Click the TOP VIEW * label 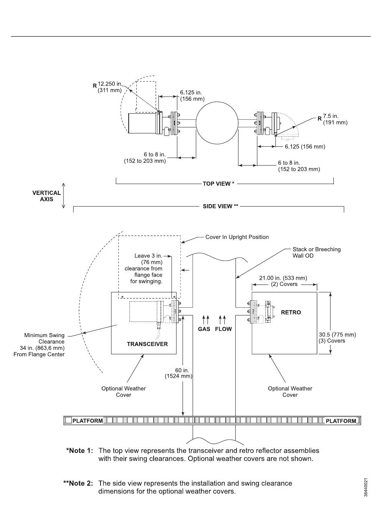pos(218,184)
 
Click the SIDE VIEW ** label pos(220,206)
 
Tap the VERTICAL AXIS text pos(46,196)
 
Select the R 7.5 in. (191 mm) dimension pos(333,119)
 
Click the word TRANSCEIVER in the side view pos(148,344)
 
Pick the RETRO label pos(291,312)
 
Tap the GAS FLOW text pos(215,329)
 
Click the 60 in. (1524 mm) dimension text pos(179,373)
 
